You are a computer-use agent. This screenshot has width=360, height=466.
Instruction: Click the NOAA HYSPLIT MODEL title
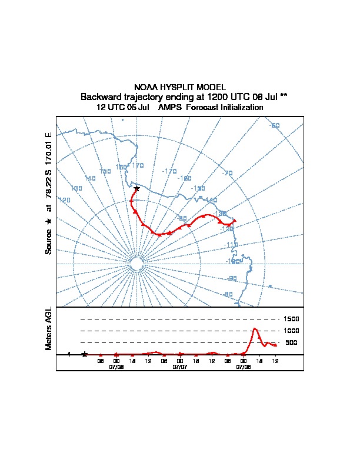point(180,87)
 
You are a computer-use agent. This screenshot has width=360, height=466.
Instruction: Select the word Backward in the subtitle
point(101,96)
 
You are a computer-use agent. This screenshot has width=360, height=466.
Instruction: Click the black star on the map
point(136,188)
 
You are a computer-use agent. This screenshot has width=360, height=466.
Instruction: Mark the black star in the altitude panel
point(85,354)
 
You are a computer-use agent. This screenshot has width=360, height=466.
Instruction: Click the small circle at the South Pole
point(136,264)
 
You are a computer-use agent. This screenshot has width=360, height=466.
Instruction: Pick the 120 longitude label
point(65,200)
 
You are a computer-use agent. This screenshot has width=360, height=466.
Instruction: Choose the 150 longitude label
point(105,172)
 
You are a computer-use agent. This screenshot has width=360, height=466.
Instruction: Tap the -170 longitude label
point(169,171)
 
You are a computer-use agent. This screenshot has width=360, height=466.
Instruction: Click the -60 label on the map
point(275,125)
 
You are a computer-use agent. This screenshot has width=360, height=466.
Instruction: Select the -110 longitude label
point(232,244)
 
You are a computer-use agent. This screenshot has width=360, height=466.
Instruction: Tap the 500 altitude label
point(291,342)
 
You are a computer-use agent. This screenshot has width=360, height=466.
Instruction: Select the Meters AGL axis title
point(49,328)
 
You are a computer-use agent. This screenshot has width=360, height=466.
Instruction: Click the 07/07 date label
point(180,367)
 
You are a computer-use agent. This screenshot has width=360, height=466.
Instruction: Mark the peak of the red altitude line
point(254,328)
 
